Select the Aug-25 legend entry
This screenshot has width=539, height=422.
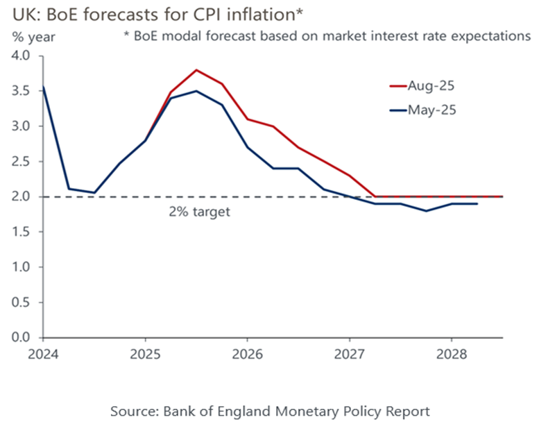point(434,86)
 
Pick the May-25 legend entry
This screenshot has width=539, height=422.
point(434,109)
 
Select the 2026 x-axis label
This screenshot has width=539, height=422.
point(246,355)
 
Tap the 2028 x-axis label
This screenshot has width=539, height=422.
point(451,355)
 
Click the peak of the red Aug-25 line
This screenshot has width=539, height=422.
point(196,70)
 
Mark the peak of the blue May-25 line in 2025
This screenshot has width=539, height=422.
point(196,91)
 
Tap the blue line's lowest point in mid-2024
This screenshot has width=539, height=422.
point(94,192)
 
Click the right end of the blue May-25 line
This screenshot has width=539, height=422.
point(477,203)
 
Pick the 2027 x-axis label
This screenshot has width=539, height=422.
point(349,355)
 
